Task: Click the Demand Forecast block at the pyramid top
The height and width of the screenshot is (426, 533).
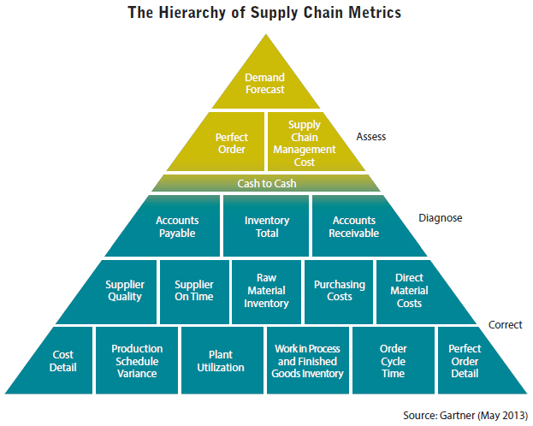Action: coord(264,83)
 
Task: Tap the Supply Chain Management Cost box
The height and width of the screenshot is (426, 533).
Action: coord(304,142)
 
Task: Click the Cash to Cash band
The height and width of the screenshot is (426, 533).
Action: coord(265,183)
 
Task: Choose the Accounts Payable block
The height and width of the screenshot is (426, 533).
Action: coord(176,227)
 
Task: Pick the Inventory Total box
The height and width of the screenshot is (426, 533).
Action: coord(266,227)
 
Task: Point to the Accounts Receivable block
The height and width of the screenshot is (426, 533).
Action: coord(353,227)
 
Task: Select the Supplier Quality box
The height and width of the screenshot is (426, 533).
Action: coord(125,291)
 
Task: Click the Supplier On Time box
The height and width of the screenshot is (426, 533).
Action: coord(193,291)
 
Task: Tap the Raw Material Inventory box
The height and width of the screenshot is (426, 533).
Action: coord(265,291)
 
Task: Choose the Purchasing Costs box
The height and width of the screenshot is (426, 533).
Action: coord(339,291)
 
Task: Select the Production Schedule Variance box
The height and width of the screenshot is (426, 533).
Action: coord(137,360)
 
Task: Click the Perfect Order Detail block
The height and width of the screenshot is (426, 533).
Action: coord(465,360)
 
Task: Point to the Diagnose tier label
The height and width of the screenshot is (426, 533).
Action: coord(441,218)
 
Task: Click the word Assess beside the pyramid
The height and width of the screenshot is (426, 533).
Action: coord(372,135)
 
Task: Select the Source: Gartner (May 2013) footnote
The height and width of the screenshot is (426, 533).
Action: coord(463,415)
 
